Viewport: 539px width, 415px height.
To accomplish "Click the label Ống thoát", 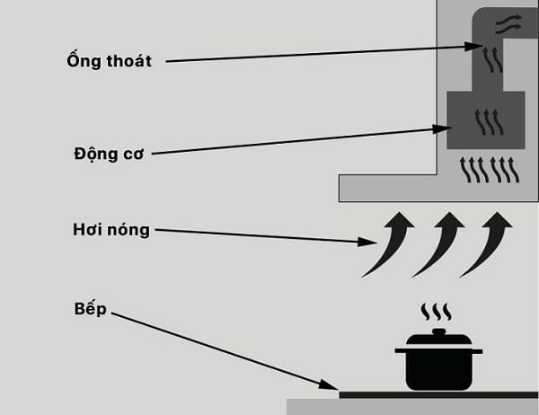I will point(107,61).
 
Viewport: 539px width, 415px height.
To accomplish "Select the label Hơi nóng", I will point(110,230).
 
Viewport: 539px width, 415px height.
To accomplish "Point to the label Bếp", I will point(91,308).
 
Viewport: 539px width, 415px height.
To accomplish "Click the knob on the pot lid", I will point(438,332).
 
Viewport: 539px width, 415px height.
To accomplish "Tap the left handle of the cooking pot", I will point(401,349).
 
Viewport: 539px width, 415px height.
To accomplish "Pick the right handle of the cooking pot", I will point(476,349).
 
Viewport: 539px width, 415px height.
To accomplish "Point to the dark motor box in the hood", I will point(486,121).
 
